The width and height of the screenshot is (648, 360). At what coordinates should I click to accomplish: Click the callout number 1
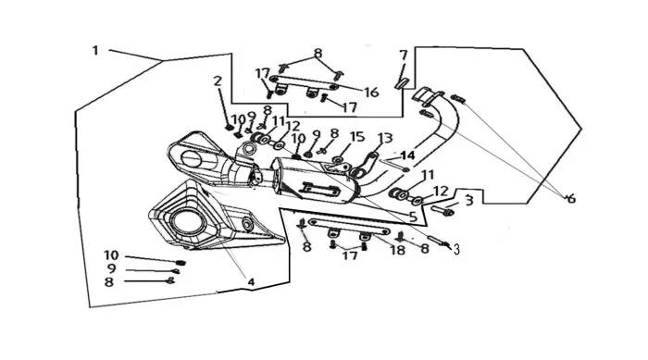point(95,51)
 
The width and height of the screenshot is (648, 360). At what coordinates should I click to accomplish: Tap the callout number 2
point(218,81)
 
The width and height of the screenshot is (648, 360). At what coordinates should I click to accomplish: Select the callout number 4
point(251,282)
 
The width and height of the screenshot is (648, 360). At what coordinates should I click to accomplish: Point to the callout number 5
point(413,217)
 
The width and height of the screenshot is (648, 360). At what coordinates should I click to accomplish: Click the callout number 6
point(571,199)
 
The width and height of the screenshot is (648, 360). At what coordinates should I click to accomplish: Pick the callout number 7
point(404,55)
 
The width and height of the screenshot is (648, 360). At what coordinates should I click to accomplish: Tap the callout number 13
point(385,138)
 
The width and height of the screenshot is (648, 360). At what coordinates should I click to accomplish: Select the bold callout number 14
point(407,155)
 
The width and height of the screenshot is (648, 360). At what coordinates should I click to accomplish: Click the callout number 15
point(357,137)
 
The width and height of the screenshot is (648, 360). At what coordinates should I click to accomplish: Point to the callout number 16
point(371,93)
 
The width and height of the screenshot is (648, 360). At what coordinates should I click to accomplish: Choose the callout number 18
point(397,250)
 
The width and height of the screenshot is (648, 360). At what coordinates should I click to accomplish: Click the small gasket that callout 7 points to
point(401,82)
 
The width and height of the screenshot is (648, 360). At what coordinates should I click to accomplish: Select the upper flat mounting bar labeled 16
point(305,82)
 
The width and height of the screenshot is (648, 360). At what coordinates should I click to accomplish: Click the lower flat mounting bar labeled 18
point(349,227)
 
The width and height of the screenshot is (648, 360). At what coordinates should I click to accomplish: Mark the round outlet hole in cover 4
point(188,224)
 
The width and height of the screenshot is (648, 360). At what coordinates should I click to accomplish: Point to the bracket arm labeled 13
point(364,165)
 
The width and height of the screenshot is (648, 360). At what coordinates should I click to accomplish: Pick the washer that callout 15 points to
point(338,159)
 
